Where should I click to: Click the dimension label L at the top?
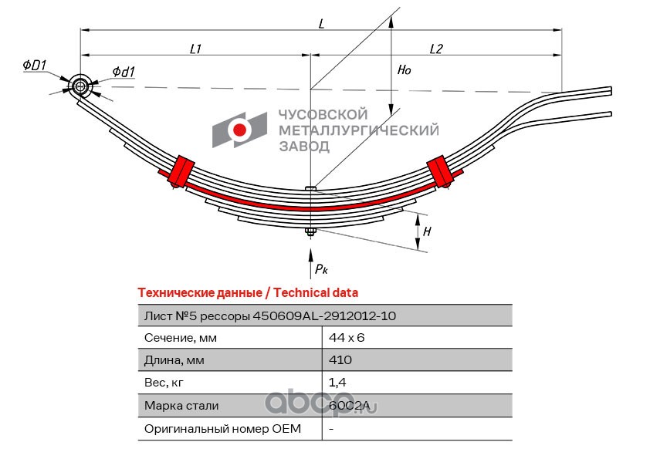pos(321,23)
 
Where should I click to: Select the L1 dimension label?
pos(195,49)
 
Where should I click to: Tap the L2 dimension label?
pos(436,49)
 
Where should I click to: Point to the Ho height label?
pos(404,69)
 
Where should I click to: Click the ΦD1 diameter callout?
pos(35,65)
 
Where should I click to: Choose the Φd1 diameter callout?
pos(124,72)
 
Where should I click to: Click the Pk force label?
pos(321,269)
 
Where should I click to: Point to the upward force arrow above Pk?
pos(310,263)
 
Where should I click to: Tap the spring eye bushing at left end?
pos(80,86)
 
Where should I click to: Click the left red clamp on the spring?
pos(181,171)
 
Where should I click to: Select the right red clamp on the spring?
pos(441,171)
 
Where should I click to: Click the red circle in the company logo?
pos(239,130)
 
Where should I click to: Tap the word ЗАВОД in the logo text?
pos(304,147)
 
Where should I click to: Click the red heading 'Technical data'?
pos(316,293)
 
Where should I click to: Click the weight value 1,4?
pos(337,383)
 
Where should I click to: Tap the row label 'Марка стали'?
pos(181,405)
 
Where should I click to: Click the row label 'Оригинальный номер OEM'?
pos(222,429)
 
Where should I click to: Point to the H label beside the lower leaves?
pos(427,231)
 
